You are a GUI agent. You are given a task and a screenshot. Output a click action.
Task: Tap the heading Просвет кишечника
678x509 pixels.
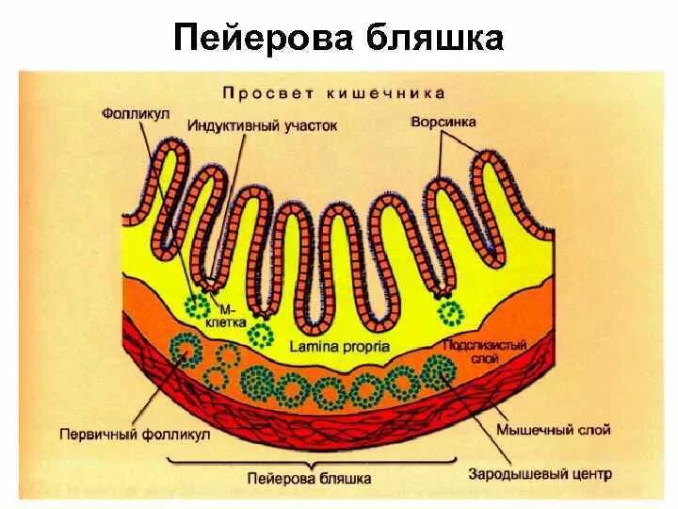point(333,93)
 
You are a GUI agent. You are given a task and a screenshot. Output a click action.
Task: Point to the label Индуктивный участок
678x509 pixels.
point(262,124)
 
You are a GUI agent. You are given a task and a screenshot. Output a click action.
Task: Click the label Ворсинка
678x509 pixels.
point(444,122)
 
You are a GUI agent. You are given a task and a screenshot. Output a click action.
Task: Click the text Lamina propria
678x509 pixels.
point(340,346)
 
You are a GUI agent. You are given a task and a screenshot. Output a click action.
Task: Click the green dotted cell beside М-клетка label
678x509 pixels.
point(198,305)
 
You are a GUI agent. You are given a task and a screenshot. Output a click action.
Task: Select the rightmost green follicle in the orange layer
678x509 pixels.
point(440,371)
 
